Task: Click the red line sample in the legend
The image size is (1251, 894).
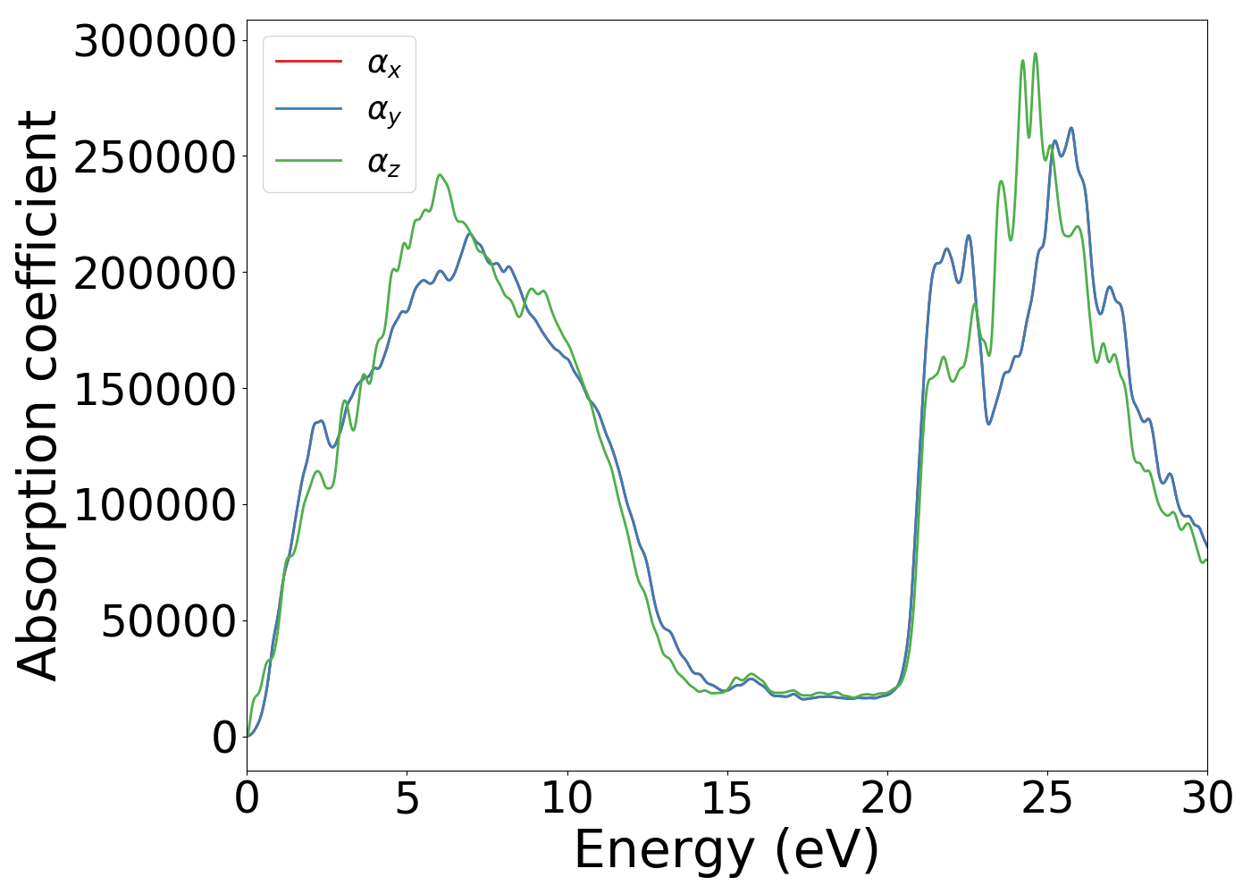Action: [308, 61]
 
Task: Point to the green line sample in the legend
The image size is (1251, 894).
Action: [308, 161]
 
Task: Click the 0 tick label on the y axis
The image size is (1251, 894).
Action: [225, 737]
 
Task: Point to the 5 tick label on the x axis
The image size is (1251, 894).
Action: [407, 798]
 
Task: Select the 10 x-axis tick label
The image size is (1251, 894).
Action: [567, 798]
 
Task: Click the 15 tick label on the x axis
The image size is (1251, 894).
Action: [726, 798]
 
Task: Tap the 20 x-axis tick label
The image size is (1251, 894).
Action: [887, 798]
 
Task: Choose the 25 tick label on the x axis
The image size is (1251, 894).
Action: [1047, 798]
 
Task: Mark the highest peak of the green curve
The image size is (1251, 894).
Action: [1036, 54]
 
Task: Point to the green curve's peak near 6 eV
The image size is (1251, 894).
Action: [439, 175]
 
